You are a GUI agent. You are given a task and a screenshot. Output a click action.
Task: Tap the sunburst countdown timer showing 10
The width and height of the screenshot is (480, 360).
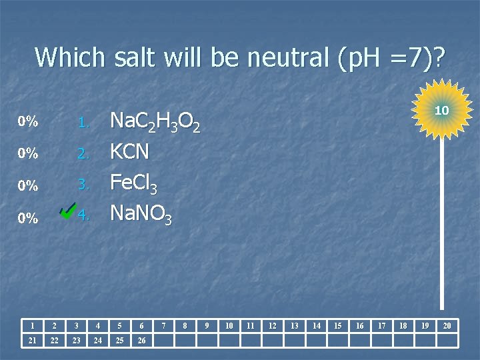[441, 109]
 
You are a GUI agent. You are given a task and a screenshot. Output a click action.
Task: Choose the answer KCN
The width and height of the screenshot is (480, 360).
[129, 153]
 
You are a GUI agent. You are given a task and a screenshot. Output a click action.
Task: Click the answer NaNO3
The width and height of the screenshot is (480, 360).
[141, 215]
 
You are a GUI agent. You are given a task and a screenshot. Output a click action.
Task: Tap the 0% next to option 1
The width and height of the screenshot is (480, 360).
[27, 122]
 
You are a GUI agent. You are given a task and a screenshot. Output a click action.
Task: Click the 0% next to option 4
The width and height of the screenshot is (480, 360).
[27, 218]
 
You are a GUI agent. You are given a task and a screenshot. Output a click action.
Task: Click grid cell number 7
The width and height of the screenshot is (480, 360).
[163, 325]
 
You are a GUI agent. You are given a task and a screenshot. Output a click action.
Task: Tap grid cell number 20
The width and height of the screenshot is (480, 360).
[447, 325]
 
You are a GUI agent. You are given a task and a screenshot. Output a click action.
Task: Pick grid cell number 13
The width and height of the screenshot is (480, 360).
[294, 325]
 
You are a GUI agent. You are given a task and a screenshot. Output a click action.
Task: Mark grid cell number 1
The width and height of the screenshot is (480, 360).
[32, 325]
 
